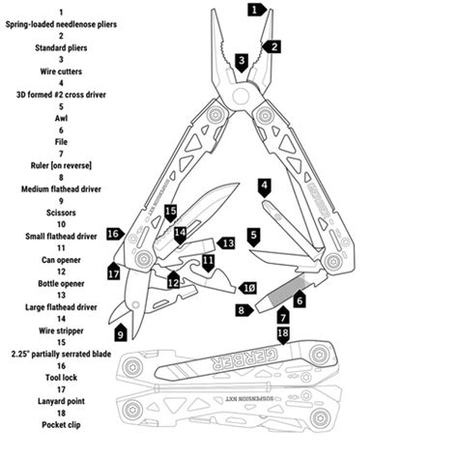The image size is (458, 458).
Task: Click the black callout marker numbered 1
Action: [257, 10]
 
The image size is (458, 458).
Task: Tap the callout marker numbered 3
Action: [242, 62]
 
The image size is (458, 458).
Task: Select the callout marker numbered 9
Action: [121, 333]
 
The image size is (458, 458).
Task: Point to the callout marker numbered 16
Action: [115, 234]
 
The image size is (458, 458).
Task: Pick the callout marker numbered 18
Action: [283, 334]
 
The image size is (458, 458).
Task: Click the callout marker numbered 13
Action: [226, 243]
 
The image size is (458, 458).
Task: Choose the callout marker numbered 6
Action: [300, 299]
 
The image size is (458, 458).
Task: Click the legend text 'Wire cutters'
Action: [61, 72]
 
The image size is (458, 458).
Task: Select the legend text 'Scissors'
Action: [61, 213]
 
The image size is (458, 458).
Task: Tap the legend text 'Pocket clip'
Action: [61, 425]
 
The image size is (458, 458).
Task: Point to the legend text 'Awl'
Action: [61, 118]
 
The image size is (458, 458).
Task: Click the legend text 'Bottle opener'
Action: [61, 283]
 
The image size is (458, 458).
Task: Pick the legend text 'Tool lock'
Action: [61, 378]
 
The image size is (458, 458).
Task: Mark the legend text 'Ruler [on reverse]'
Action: [61, 165]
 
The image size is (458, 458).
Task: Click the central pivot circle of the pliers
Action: [242, 96]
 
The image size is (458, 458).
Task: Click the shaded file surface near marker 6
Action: [287, 290]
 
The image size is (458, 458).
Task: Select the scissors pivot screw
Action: [136, 304]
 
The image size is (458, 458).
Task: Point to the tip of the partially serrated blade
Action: [239, 184]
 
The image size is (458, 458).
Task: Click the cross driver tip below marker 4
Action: [264, 202]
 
